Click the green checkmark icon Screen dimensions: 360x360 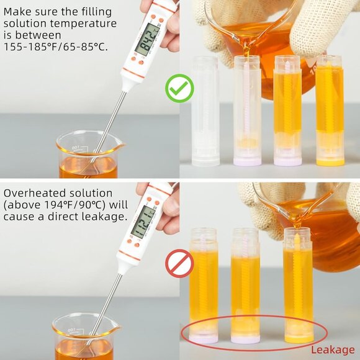coord(179,89)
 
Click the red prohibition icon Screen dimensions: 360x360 coord(179,263)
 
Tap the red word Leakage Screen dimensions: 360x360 coord(333,350)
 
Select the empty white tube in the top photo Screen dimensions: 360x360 coord(205,112)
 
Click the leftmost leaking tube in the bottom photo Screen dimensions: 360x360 coord(204,286)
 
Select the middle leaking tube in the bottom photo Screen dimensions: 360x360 coord(245,286)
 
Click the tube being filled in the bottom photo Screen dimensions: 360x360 coord(298,286)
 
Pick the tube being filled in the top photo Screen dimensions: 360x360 coord(247,112)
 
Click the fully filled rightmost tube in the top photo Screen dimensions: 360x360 coord(329,109)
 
